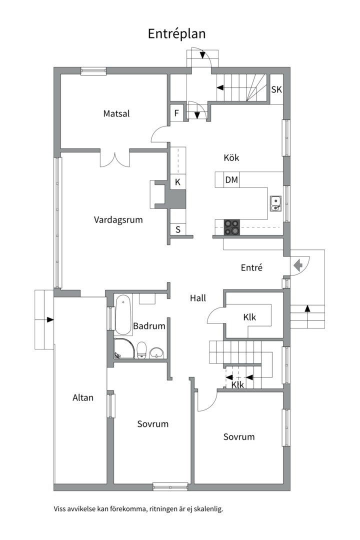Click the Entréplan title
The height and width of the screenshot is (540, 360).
176,34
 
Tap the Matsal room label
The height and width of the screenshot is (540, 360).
116,113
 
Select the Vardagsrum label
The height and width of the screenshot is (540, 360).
118,219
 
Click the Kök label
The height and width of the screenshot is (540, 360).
231,157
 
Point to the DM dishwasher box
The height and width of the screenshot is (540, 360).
231,180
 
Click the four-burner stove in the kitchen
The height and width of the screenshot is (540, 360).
231,227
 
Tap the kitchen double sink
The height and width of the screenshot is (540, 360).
275,203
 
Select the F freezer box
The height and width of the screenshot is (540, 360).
176,113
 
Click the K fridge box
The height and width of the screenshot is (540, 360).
178,182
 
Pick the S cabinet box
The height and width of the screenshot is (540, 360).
178,229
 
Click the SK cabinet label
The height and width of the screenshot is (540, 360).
276,89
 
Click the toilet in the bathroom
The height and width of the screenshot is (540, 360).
141,350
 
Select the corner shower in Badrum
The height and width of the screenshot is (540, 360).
123,348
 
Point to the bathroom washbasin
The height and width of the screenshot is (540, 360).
157,352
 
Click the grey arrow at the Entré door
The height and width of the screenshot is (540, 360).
298,265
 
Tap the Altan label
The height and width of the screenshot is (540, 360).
82,398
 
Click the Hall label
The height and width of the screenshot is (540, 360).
198,298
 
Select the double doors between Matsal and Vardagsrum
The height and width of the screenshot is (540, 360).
114,158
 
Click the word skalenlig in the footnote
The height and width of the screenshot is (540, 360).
208,508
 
